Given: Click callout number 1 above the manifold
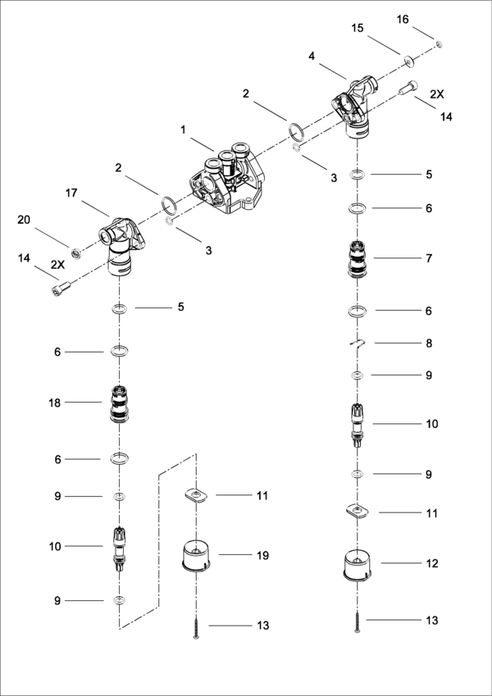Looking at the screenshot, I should pyautogui.click(x=184, y=130).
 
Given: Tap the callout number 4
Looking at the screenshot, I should pyautogui.click(x=312, y=56).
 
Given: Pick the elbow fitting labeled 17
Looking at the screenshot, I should pyautogui.click(x=122, y=243).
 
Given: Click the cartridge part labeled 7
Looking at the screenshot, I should pyautogui.click(x=358, y=259).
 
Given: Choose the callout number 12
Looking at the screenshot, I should pyautogui.click(x=431, y=563).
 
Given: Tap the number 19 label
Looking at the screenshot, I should pyautogui.click(x=262, y=555).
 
